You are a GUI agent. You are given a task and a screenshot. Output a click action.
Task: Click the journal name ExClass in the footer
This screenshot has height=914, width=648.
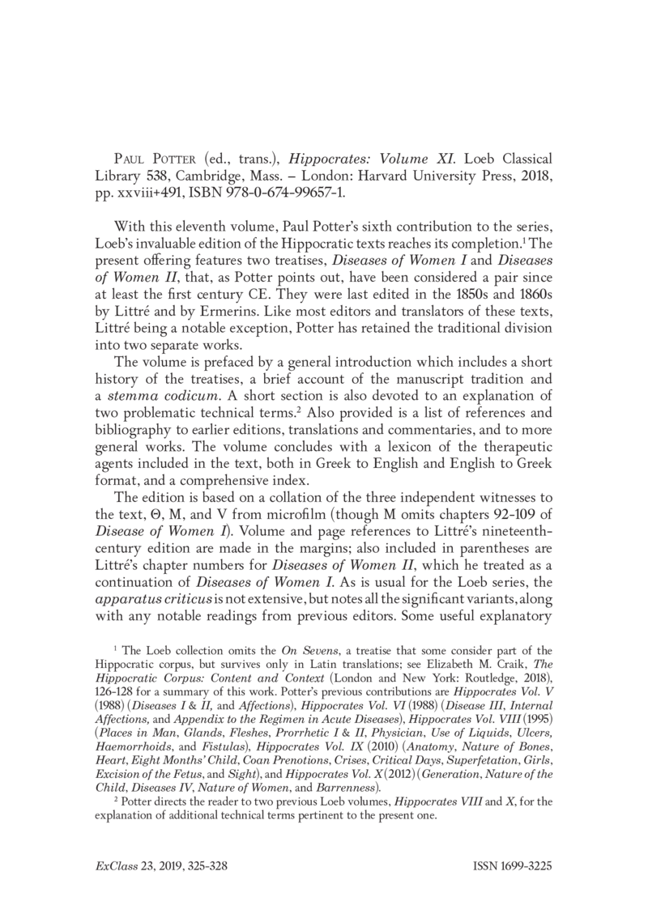[114, 865]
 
